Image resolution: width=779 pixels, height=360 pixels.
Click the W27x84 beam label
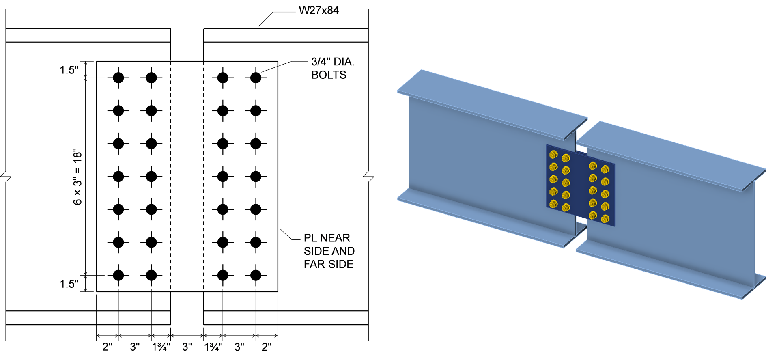(x=318, y=11)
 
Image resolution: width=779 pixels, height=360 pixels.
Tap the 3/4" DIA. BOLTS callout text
(x=332, y=68)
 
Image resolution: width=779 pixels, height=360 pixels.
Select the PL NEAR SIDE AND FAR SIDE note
(x=329, y=251)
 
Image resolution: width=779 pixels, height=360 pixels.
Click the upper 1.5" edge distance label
(x=69, y=70)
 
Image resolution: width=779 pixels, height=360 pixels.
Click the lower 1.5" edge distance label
(x=69, y=284)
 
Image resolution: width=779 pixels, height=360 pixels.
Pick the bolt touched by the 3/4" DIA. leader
(x=256, y=78)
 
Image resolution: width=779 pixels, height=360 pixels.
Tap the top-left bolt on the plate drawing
(x=118, y=78)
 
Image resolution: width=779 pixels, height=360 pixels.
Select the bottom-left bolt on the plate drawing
(x=118, y=275)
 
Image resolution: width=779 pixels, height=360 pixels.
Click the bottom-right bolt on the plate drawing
(x=256, y=275)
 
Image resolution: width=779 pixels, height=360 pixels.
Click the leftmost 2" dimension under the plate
(x=107, y=347)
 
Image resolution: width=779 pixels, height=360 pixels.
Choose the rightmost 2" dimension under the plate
(x=267, y=347)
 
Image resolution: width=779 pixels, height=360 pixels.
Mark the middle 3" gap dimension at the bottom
(x=187, y=347)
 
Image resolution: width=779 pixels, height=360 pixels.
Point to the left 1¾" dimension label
(x=161, y=347)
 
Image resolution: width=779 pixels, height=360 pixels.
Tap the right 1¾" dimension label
(x=213, y=347)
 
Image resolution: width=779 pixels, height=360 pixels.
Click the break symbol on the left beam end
(x=6, y=177)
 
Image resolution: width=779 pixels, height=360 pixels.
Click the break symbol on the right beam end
(x=368, y=177)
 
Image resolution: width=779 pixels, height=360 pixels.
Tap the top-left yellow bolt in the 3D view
(x=553, y=155)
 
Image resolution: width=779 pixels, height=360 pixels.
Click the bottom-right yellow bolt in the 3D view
(x=605, y=219)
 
